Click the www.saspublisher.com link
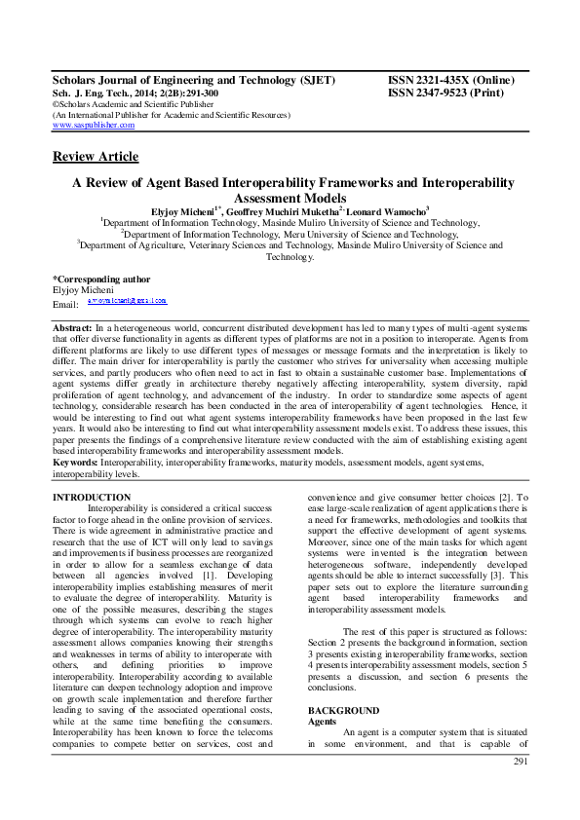point(94,126)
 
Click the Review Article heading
point(96,157)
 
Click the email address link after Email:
point(127,302)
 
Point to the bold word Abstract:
point(73,330)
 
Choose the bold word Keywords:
point(77,462)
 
